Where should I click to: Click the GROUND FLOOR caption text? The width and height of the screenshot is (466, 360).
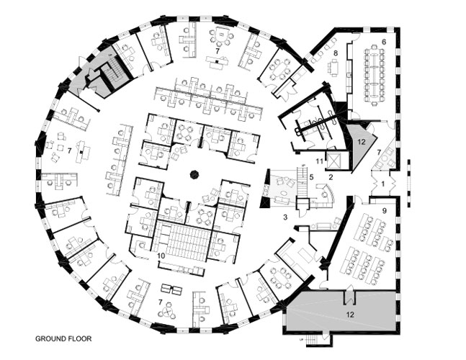tap(63, 338)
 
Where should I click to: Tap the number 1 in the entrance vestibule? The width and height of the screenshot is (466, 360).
tap(382, 184)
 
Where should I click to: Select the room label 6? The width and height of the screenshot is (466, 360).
tap(384, 42)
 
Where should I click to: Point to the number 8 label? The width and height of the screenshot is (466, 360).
tap(336, 53)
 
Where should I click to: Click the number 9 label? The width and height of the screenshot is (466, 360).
tap(385, 211)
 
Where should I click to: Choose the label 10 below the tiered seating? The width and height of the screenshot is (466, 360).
tap(161, 256)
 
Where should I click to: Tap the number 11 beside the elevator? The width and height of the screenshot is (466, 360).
tap(320, 161)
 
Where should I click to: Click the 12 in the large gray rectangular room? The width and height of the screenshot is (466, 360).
tap(350, 314)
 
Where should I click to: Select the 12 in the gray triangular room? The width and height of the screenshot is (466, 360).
tap(361, 142)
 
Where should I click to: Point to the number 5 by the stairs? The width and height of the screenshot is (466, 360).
tap(311, 177)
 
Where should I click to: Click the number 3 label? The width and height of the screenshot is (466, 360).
tap(285, 217)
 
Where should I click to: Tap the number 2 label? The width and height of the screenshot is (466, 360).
tap(331, 177)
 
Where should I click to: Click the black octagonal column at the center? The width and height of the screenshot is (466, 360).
tap(194, 175)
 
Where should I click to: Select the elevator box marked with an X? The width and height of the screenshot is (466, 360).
tap(334, 161)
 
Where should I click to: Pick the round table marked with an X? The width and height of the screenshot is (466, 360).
tap(169, 312)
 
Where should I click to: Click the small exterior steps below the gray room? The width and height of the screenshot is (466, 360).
tap(313, 340)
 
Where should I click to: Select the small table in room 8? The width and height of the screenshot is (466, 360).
tap(334, 67)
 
